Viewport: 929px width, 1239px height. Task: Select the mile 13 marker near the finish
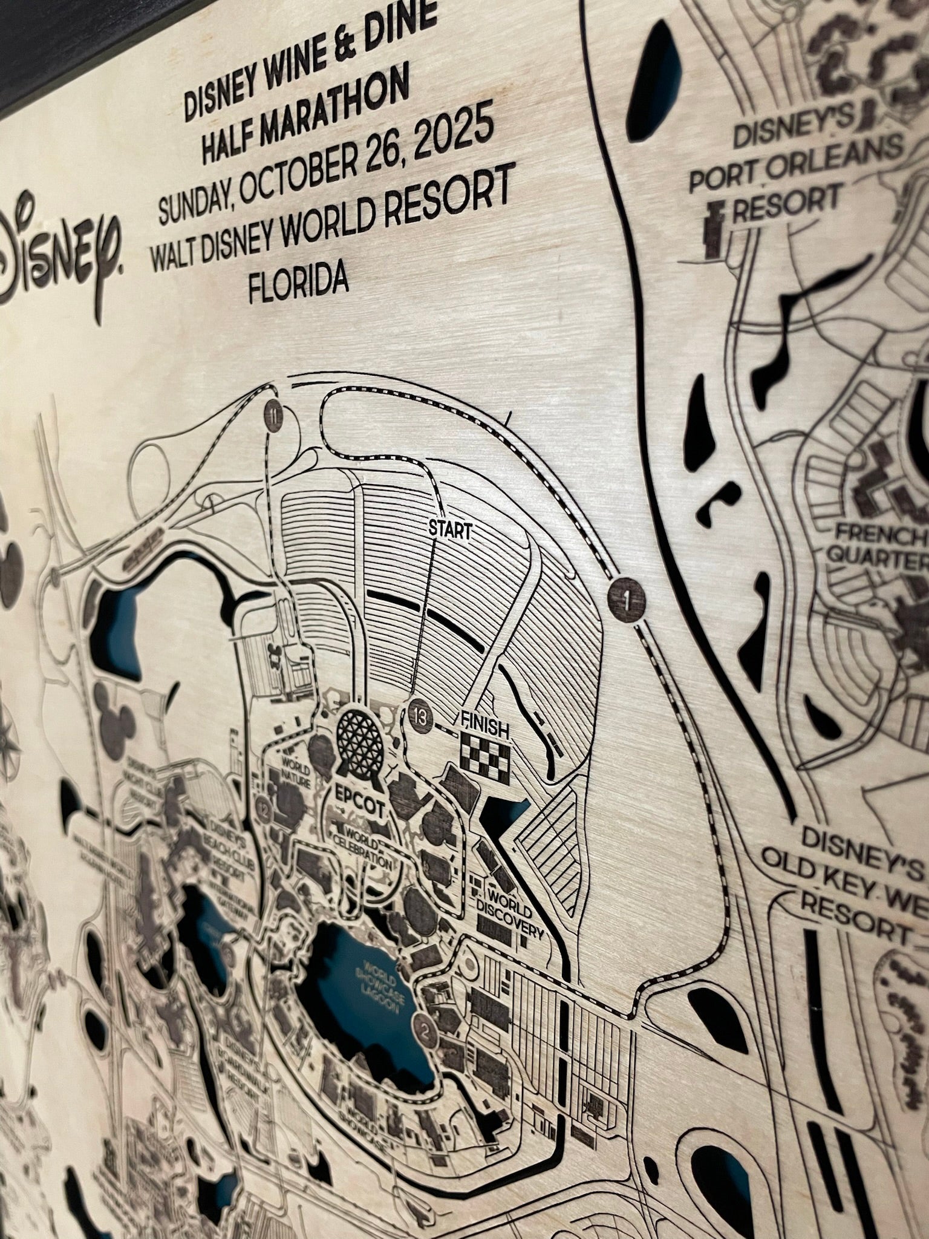pos(419,718)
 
